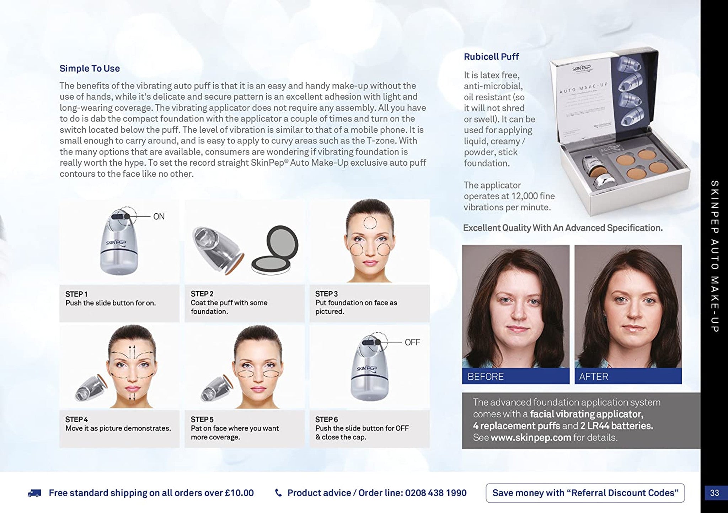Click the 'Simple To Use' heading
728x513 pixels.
tap(90, 69)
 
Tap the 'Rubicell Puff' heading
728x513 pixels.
tap(491, 57)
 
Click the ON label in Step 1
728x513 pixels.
tap(159, 217)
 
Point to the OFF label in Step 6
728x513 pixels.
tap(412, 342)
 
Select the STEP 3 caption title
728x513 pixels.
tap(326, 294)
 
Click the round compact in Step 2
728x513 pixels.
tap(274, 250)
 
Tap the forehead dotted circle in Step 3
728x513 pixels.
tap(370, 223)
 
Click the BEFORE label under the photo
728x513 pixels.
tap(485, 377)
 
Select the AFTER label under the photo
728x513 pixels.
tap(593, 377)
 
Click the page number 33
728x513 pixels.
tap(714, 493)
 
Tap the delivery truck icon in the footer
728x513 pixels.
tap(34, 493)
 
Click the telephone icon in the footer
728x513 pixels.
tap(279, 493)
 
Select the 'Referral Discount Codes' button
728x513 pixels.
tap(585, 493)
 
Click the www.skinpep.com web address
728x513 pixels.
tap(531, 438)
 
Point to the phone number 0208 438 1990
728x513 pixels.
tap(435, 493)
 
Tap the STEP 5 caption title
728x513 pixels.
tap(202, 420)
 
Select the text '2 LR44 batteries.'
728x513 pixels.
tap(616, 426)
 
